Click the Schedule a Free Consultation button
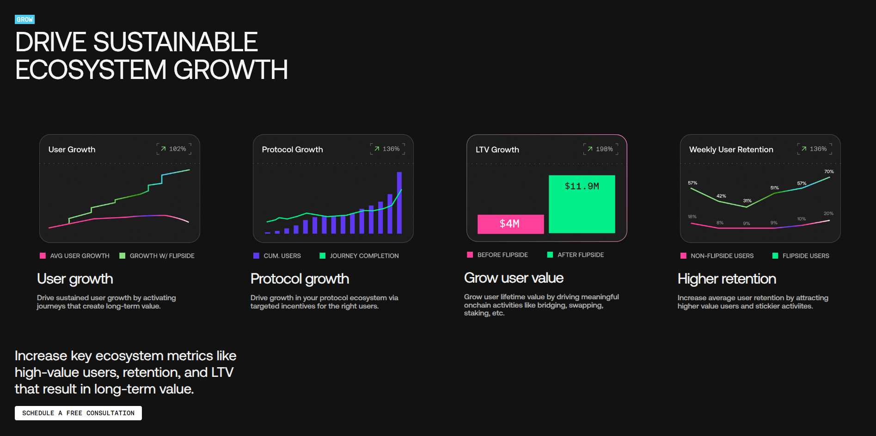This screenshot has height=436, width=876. click(x=78, y=413)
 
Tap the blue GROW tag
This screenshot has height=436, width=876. click(x=25, y=19)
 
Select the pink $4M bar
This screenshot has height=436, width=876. click(x=510, y=224)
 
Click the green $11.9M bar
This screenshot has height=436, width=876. click(x=582, y=204)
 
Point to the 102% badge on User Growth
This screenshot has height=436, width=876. click(x=174, y=149)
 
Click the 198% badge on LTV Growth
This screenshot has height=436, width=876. click(x=600, y=149)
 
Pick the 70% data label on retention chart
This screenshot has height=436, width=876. click(x=829, y=171)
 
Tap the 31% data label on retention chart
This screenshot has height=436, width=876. click(x=747, y=200)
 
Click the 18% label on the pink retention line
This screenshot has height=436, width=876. click(x=692, y=217)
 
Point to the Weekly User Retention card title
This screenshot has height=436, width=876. click(x=731, y=149)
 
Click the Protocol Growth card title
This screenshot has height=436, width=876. click(x=292, y=149)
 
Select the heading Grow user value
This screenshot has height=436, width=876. click(x=514, y=278)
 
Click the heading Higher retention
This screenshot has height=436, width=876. click(x=726, y=279)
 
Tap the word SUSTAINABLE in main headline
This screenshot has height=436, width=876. click(x=175, y=42)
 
